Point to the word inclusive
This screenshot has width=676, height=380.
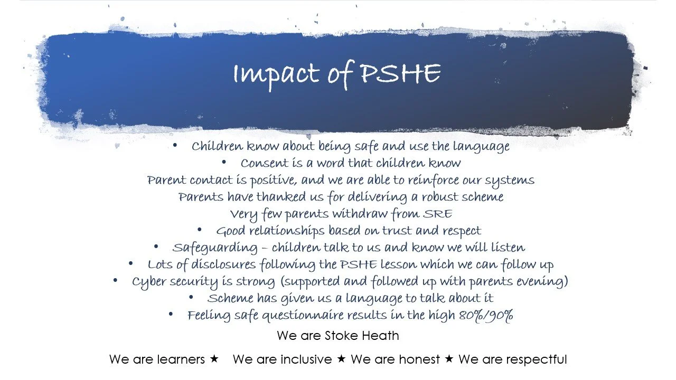click(x=306, y=360)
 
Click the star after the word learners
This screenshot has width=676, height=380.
click(x=214, y=359)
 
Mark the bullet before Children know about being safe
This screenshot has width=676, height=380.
click(x=175, y=145)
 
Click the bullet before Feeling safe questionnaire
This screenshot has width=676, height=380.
click(x=171, y=315)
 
